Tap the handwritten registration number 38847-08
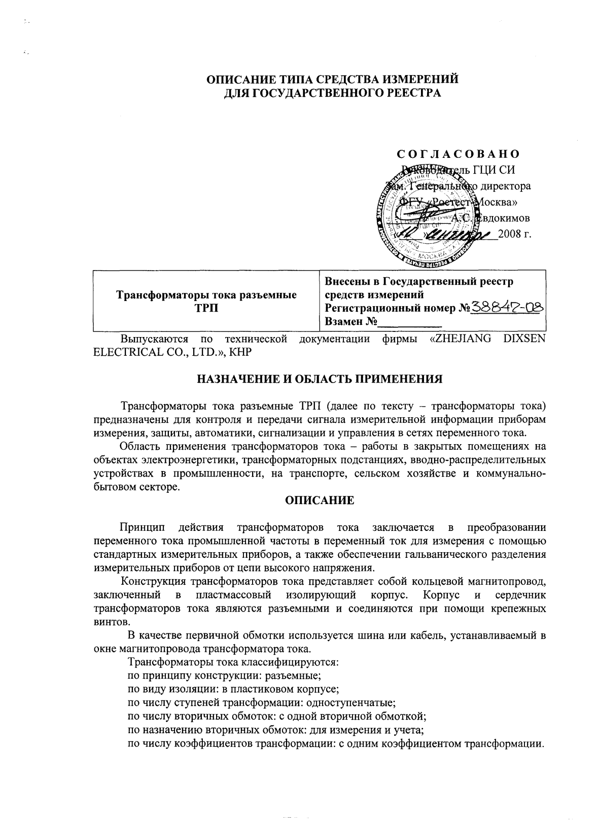(x=507, y=307)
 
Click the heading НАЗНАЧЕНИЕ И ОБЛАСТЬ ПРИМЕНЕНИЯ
(x=319, y=379)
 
